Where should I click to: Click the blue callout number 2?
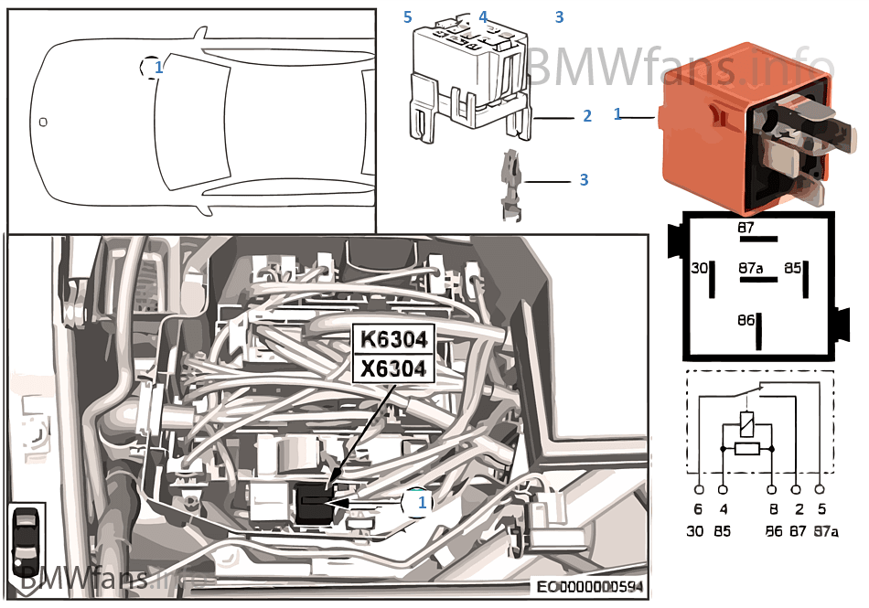[x=587, y=116]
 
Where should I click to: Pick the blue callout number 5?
[x=408, y=17]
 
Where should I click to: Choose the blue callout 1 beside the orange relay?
[x=618, y=114]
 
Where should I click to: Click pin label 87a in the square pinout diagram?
[x=751, y=270]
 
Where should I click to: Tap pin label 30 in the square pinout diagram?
[x=699, y=269]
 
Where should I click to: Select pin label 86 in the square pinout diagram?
[x=746, y=321]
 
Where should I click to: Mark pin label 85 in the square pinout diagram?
[x=792, y=269]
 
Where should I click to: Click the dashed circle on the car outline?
[x=151, y=67]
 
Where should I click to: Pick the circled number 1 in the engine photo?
[x=418, y=503]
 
